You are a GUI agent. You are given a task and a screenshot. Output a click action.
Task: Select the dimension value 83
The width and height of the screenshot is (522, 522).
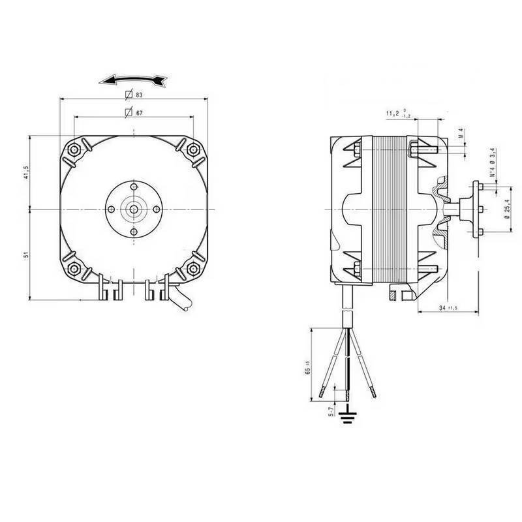(139, 95)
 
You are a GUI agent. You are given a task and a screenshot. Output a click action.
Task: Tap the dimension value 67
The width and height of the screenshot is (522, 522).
(139, 113)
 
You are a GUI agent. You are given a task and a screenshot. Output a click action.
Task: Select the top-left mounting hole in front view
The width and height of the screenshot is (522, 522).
(75, 149)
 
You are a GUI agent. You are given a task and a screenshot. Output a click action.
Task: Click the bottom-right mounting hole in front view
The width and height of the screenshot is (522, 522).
(192, 268)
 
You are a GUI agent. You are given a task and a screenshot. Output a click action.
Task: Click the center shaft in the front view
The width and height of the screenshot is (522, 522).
(134, 209)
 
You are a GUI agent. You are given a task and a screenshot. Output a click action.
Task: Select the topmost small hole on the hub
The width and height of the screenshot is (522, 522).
(134, 186)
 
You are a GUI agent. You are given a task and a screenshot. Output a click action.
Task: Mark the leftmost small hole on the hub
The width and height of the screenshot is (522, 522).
(111, 209)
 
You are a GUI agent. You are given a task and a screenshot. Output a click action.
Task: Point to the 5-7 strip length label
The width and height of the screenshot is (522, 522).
(331, 410)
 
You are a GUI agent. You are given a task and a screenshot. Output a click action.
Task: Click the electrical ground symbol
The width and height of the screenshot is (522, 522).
(349, 416)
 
